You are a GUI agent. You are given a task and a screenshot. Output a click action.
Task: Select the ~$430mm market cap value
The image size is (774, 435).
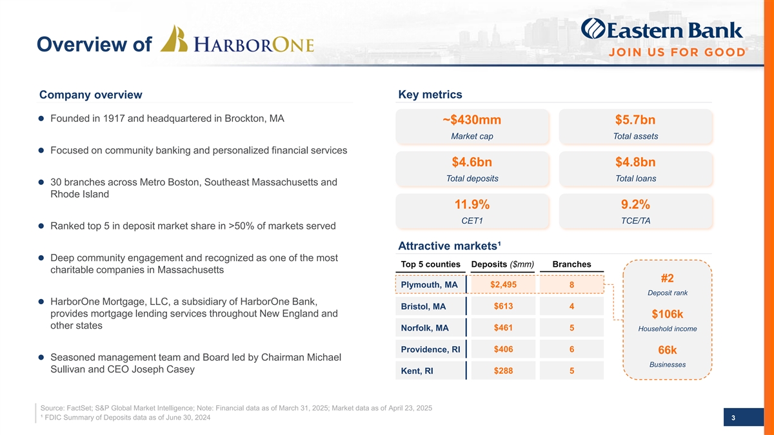tap(472, 121)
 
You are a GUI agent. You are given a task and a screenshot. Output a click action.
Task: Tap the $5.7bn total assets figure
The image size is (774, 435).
tap(635, 121)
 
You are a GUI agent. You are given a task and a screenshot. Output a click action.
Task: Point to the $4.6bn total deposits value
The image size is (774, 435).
tap(472, 162)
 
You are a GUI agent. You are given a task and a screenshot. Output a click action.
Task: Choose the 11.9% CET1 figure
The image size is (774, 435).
tap(472, 205)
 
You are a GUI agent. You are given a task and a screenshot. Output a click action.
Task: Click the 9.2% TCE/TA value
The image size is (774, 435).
tap(635, 205)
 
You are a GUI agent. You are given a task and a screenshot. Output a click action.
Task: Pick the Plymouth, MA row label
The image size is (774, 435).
tap(429, 285)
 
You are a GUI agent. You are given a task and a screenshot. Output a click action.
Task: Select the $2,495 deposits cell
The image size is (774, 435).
tap(503, 285)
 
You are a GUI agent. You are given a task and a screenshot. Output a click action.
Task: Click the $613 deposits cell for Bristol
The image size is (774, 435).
tap(503, 306)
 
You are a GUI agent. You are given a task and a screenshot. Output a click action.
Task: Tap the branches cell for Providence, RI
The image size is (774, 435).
tap(572, 349)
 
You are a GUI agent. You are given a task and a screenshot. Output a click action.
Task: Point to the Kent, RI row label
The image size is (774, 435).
tap(417, 371)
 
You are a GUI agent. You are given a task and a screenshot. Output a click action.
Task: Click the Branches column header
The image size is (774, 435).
tap(571, 264)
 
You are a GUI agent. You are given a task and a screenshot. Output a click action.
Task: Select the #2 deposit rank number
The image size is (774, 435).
tap(668, 278)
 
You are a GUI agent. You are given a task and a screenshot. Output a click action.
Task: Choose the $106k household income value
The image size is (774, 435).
tap(668, 314)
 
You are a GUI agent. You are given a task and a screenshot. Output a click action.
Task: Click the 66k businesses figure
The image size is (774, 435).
tap(668, 350)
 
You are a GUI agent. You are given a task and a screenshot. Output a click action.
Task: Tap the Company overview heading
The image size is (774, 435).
tap(91, 95)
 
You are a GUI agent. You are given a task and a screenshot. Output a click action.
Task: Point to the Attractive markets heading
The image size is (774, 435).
tap(450, 246)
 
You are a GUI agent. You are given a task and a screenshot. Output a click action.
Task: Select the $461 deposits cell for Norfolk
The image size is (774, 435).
tap(503, 328)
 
